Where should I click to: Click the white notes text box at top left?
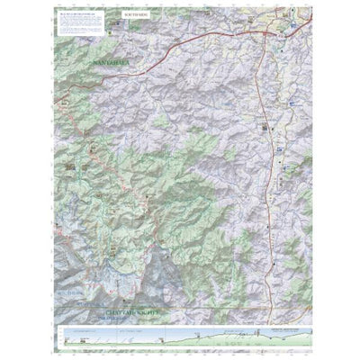83,24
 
